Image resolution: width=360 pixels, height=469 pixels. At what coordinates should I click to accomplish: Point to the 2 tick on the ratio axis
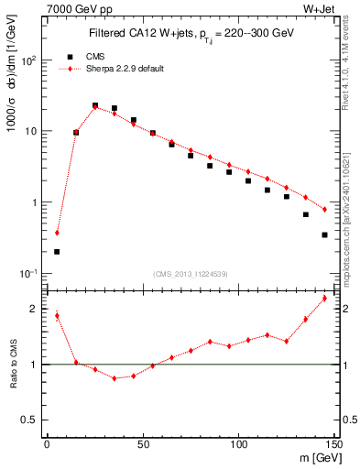35,309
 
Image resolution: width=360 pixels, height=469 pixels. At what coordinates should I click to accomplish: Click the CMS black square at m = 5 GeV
57,251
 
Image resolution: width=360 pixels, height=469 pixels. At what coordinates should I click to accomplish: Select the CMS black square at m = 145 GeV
324,234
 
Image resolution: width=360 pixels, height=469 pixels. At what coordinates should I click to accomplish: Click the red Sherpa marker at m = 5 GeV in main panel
57,233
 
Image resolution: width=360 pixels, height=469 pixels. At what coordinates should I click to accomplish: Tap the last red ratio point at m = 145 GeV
324,299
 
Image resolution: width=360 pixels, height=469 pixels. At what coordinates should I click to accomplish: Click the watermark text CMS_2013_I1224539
190,272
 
